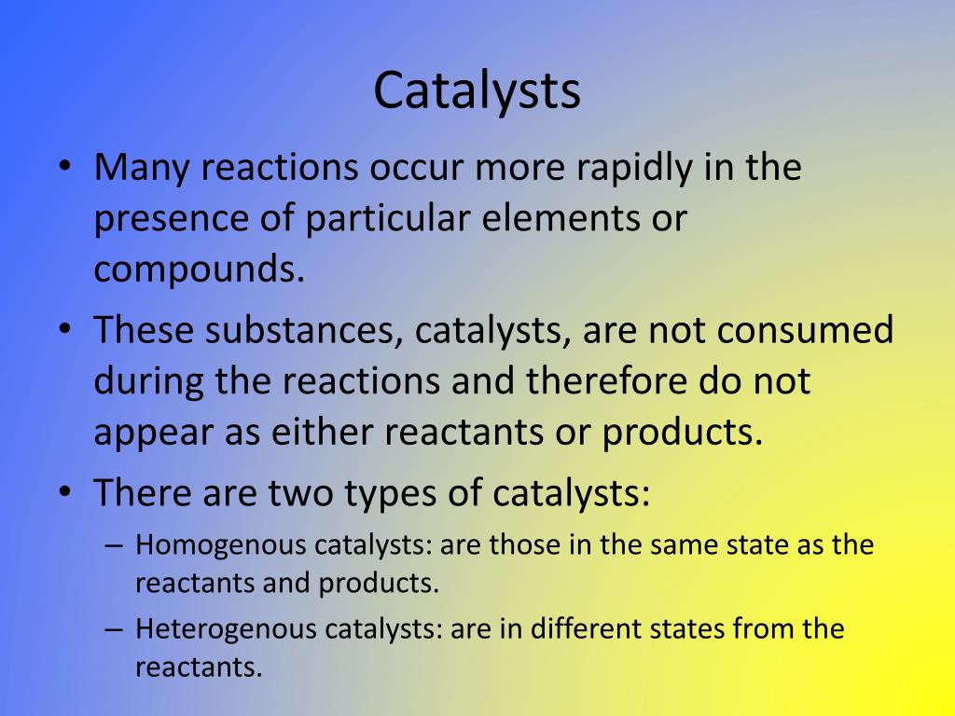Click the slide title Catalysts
pos(477,90)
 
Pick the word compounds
pos(200,270)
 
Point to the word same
pos(679,545)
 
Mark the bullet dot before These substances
pos(63,332)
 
